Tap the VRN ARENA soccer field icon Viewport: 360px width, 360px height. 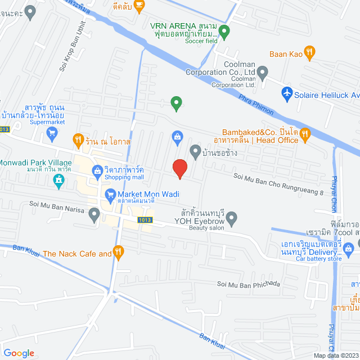coord(224,32)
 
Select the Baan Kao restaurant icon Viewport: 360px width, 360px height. coord(309,53)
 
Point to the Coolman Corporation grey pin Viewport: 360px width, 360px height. coord(263,71)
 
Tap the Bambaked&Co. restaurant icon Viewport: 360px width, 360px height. coord(305,133)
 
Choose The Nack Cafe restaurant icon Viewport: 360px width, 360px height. coord(118,253)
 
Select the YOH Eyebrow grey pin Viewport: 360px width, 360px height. coord(231,217)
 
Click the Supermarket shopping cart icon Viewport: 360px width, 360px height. coord(53,133)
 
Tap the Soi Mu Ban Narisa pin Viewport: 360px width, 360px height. coord(94,214)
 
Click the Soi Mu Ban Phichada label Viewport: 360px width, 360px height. coord(248,284)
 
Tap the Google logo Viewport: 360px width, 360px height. coord(19,353)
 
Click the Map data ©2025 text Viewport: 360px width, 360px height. coord(335,355)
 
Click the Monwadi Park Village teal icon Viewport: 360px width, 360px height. coord(58,179)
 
